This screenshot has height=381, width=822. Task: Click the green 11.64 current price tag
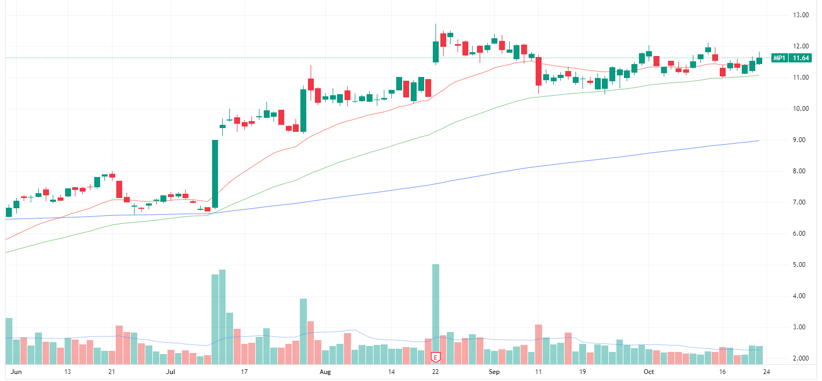coord(802,58)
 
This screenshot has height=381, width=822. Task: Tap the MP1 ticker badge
coord(778,58)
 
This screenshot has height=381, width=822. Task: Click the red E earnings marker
coord(435,357)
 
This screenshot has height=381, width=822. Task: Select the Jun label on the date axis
coord(16,372)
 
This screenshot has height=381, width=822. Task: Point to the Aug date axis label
coord(325,372)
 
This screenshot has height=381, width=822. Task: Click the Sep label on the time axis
coord(493,372)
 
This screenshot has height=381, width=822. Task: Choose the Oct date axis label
coord(649,372)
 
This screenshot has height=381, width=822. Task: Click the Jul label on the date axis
coord(171,372)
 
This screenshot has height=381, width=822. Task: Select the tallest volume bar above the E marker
coord(435,307)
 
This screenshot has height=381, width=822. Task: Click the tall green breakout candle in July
coord(215,173)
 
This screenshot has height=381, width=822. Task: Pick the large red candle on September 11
coord(538,71)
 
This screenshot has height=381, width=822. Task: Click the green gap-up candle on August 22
coord(435,52)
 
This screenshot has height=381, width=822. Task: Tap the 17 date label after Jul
coord(244,372)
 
